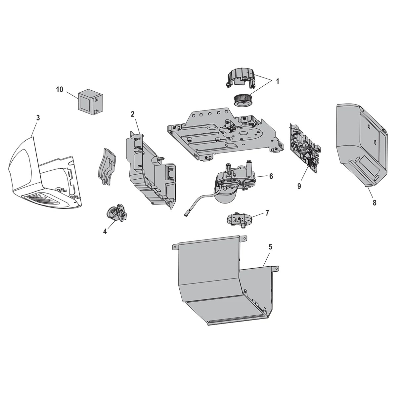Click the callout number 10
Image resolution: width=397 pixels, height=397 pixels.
tap(60, 90)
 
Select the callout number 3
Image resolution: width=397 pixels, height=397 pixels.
tap(38, 118)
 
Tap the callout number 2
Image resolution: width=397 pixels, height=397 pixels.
tap(133, 114)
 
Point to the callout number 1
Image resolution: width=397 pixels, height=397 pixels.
tap(277, 81)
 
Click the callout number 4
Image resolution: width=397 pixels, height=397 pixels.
tap(105, 232)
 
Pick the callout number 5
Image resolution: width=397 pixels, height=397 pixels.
tap(270, 246)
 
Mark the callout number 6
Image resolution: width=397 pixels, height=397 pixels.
tap(271, 176)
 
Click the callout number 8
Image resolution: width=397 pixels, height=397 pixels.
tap(374, 203)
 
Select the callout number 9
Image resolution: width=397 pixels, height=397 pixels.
tap(299, 186)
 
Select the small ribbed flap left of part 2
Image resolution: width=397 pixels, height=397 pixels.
tap(106, 165)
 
